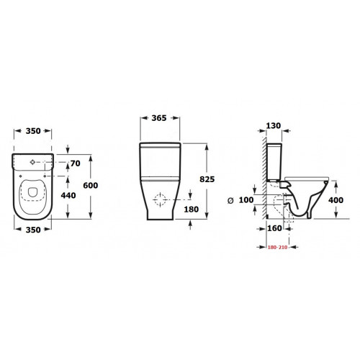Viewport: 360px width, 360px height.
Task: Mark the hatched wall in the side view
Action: pyautogui.click(x=258, y=180)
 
